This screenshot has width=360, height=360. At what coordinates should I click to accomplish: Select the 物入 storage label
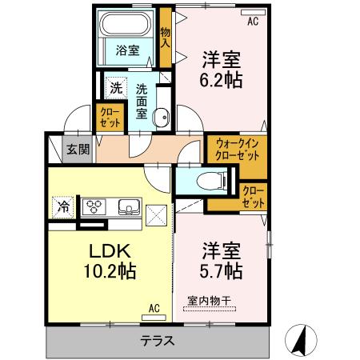[x=166, y=38]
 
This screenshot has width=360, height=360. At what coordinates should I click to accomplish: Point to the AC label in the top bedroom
[x=254, y=22]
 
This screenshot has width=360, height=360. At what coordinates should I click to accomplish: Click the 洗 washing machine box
[x=116, y=89]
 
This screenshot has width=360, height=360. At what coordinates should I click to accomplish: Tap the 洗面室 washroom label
[x=141, y=102]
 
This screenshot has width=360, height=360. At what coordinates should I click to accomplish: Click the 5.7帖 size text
[x=222, y=272]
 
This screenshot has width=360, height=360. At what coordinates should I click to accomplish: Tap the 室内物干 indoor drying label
[x=210, y=301]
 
